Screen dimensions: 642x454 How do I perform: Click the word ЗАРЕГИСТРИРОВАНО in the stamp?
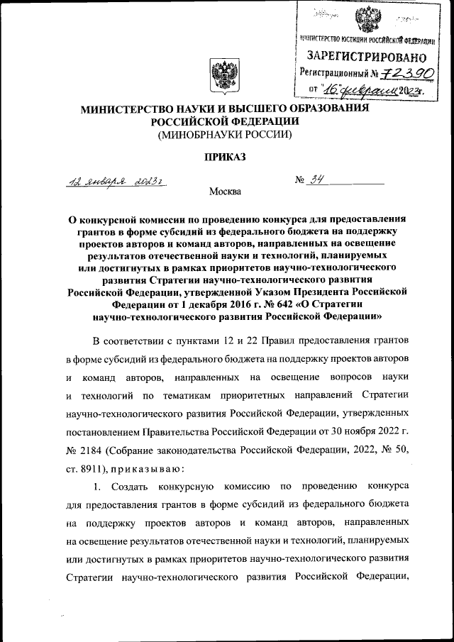pyautogui.click(x=366, y=56)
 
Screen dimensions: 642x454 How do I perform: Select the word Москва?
pyautogui.click(x=225, y=192)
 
